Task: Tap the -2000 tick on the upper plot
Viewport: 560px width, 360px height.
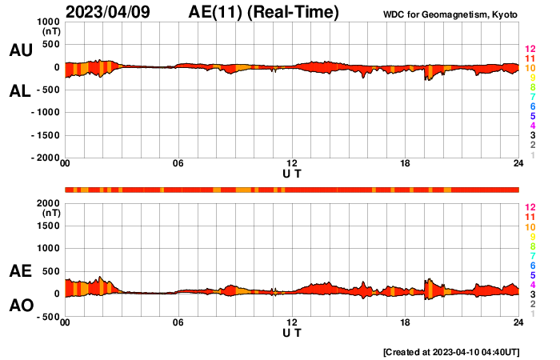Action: pos(46,158)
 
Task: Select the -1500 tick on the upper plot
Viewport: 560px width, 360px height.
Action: pos(46,135)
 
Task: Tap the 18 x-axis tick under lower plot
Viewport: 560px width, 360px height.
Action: pos(406,322)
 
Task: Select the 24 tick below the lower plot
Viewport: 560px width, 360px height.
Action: pos(518,322)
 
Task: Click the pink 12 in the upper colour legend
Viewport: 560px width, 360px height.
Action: pos(530,50)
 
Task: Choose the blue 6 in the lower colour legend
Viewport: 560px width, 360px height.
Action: pos(532,265)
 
